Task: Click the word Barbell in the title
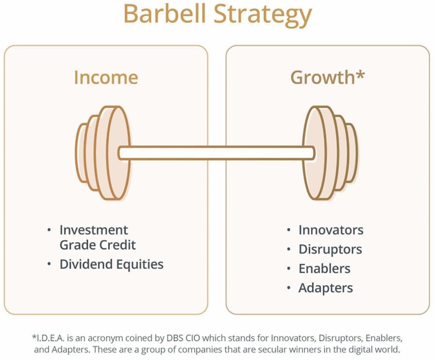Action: pyautogui.click(x=164, y=16)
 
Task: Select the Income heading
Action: pyautogui.click(x=106, y=77)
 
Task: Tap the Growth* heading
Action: pyautogui.click(x=327, y=77)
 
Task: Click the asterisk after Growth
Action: pyautogui.click(x=360, y=74)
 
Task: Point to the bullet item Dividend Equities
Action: pyautogui.click(x=111, y=264)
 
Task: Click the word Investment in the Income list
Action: pyautogui.click(x=94, y=230)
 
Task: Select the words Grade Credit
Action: pyautogui.click(x=97, y=244)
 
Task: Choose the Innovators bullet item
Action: pyautogui.click(x=331, y=230)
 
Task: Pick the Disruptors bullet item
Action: pyautogui.click(x=330, y=250)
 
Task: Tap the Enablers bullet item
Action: pyautogui.click(x=324, y=269)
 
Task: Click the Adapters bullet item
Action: pyautogui.click(x=325, y=287)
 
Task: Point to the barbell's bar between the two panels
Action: pyautogui.click(x=216, y=153)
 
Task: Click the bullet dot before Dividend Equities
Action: pyautogui.click(x=50, y=265)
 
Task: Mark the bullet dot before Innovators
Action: pyautogui.click(x=289, y=231)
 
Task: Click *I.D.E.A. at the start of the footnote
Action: pyautogui.click(x=49, y=337)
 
